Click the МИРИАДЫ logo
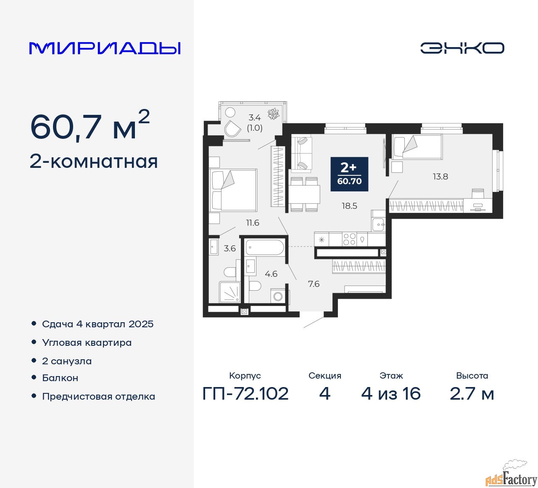coord(105,48)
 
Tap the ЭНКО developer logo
coord(462,48)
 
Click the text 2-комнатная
coord(94,162)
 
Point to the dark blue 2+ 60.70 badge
coord(349,174)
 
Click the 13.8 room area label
coord(440,177)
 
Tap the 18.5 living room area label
coord(349,206)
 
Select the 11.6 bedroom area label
coord(253,223)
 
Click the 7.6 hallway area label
coord(314,284)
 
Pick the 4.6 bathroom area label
coord(271,274)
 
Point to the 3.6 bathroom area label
coord(229,248)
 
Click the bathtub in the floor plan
coord(265,247)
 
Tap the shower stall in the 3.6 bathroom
coord(229,292)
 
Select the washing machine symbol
coord(278,296)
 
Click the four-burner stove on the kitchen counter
coord(349,239)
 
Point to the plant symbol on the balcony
coord(274,114)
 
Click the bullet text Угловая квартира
coord(87,343)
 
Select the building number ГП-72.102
coord(245,394)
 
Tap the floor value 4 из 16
coord(391,394)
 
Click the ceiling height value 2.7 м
coord(472,394)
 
